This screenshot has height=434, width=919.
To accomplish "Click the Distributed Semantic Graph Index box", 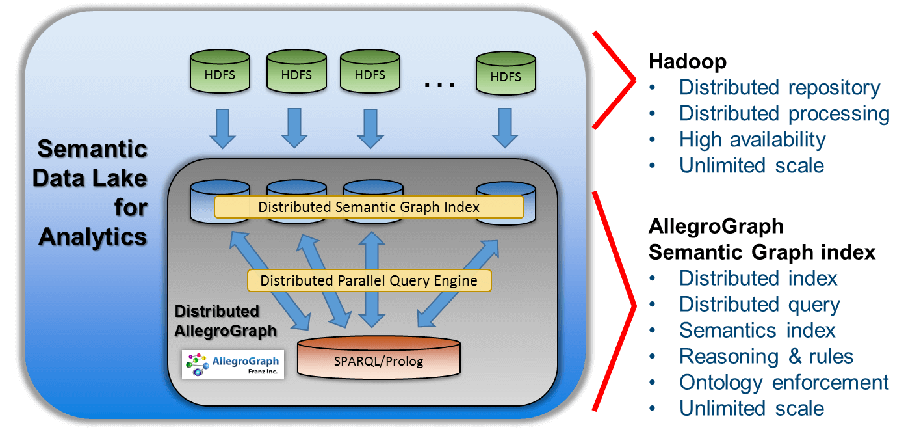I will point(369,208).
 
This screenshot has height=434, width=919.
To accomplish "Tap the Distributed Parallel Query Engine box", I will point(369,281).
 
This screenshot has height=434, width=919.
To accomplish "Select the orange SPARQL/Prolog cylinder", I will point(379,359).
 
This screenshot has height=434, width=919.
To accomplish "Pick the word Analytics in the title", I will point(93,237).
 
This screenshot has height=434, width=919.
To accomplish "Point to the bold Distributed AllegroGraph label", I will point(225,321).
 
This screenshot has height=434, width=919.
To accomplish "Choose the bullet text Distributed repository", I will point(779,87).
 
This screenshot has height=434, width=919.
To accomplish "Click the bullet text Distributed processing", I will point(784,113).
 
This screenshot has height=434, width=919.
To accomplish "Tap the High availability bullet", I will point(752,139).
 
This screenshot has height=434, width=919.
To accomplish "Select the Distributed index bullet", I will point(758,278).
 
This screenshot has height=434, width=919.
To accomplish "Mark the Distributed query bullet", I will point(759,305).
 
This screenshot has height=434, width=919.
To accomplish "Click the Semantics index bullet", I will point(757,331).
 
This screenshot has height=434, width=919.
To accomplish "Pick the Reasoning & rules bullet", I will point(766,357).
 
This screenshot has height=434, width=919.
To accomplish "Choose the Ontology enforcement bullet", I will point(784,383).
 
